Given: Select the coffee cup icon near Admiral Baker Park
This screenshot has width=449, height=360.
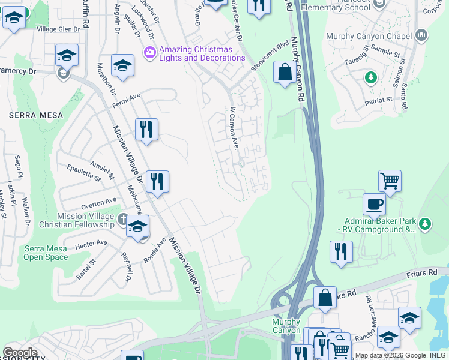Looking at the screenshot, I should (x=374, y=203).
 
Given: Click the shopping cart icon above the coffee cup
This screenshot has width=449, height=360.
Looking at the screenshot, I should (x=390, y=179).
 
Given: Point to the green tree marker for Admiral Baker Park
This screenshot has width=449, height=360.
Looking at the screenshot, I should (x=425, y=224).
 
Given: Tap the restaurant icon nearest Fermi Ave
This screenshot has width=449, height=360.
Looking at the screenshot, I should (x=146, y=128).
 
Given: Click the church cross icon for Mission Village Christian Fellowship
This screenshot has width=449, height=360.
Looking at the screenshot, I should (x=123, y=218).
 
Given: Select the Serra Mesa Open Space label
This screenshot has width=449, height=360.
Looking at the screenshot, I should (x=46, y=253).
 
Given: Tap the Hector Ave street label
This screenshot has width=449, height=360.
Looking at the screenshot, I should (x=91, y=244).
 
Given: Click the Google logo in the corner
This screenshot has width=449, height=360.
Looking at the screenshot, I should (x=20, y=352).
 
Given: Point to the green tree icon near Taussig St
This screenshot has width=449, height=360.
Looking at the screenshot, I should (x=371, y=77).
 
